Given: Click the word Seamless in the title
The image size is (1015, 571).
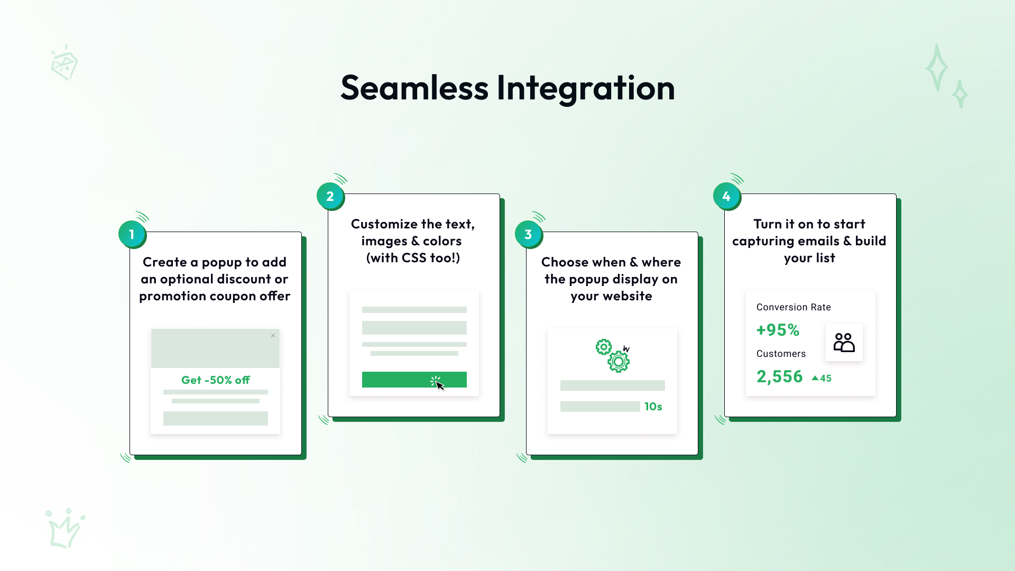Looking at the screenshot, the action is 414,88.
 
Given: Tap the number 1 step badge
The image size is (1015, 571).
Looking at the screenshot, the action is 132,234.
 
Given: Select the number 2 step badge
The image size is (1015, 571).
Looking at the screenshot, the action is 330,196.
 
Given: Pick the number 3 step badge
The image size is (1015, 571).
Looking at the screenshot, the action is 529,234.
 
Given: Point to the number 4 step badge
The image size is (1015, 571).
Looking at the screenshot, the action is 727,196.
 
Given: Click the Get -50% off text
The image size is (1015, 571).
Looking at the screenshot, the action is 216,380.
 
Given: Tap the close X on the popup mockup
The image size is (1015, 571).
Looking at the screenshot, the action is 273,336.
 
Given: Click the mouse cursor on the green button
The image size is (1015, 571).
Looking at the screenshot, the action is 440,385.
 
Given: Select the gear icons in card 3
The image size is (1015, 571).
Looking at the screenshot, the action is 613,356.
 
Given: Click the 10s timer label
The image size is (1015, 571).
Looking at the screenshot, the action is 653,407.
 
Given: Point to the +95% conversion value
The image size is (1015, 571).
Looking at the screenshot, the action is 778,330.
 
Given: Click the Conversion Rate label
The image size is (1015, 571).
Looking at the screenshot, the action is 793,307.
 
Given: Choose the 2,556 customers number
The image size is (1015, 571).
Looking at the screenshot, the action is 780,376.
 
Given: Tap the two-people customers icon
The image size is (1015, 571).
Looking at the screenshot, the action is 844,343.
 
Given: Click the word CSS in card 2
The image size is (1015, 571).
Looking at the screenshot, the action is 414,258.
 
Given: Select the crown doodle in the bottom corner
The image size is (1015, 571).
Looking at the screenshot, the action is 66,528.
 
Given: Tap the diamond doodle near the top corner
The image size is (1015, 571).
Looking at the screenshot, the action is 64,63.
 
